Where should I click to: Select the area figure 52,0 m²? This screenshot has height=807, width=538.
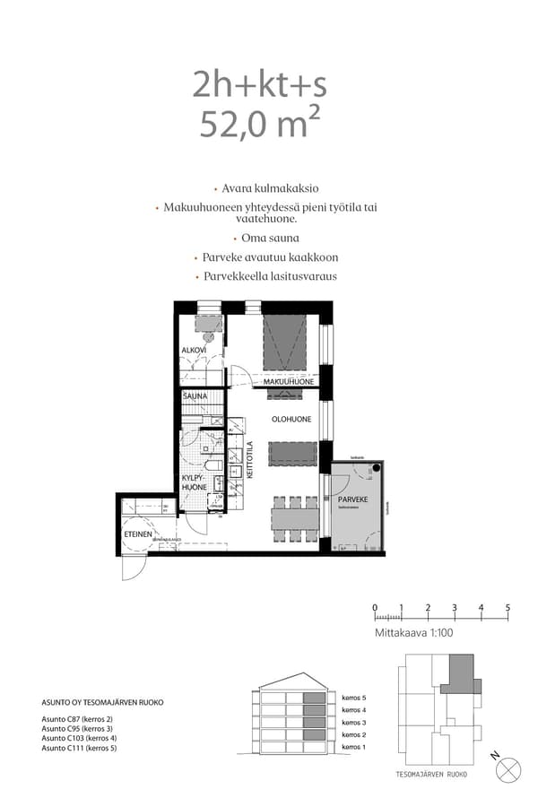point(259,125)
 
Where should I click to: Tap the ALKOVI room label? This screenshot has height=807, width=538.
point(194,350)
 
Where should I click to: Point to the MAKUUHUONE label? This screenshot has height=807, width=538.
point(288,382)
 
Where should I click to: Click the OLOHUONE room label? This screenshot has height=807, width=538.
point(291,419)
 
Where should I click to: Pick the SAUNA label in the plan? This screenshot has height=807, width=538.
point(195,395)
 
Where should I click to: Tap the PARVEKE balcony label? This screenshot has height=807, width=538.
point(352,499)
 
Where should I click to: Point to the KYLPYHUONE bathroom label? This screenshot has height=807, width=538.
point(195,483)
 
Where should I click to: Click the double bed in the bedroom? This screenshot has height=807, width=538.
point(284,343)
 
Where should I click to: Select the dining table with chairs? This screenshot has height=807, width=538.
point(295,519)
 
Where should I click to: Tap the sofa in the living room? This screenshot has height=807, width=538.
point(293,453)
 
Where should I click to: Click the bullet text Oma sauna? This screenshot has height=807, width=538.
point(270,238)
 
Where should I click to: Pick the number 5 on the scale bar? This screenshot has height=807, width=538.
point(508,608)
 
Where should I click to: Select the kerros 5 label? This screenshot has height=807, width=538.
point(355,697)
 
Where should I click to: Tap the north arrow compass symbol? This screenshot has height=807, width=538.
point(508,768)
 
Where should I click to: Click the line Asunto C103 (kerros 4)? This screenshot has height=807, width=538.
point(80,738)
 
